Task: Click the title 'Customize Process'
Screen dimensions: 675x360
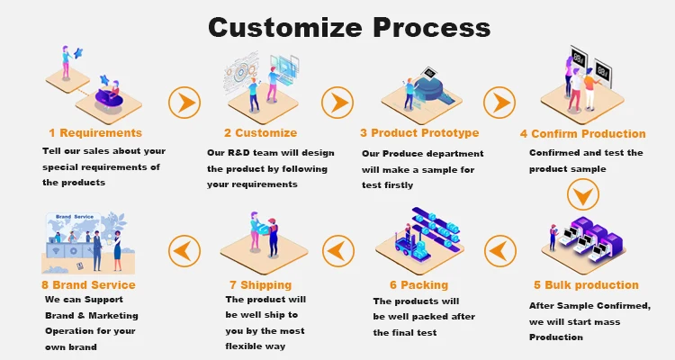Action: [349, 26]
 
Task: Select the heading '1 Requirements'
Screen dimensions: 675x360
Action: [95, 133]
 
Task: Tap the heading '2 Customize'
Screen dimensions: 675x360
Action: [260, 133]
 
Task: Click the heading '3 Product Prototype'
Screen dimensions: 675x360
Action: [419, 133]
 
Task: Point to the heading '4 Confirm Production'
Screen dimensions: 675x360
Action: [583, 134]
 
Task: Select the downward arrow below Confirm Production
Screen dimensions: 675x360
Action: [581, 194]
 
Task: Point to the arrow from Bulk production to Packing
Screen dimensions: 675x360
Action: [499, 247]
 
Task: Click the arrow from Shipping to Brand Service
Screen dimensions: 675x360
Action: [184, 247]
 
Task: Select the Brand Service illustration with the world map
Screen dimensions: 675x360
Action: [85, 238]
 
